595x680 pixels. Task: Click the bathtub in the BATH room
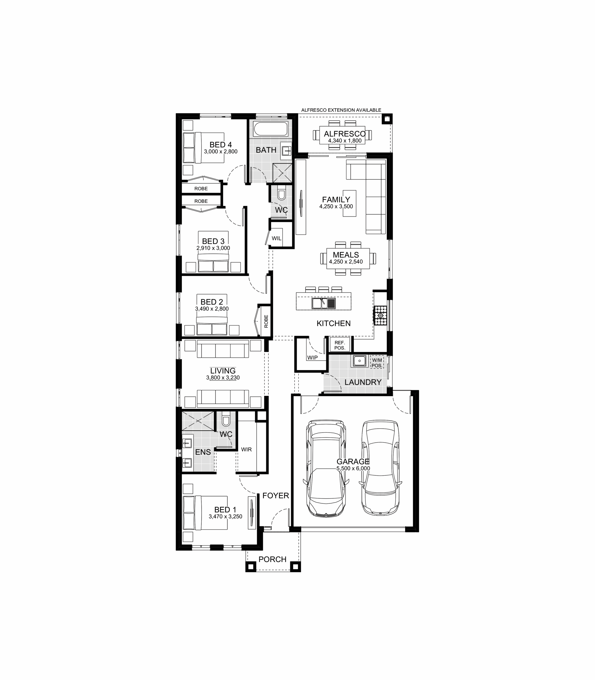(x=271, y=129)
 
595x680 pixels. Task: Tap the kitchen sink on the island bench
(x=324, y=303)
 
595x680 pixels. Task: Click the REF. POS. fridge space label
(x=340, y=345)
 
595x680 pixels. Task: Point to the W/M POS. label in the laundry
(x=377, y=363)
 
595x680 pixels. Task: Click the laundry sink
(x=359, y=361)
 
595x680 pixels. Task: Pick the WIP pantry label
(x=312, y=358)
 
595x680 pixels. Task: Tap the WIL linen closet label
(x=277, y=239)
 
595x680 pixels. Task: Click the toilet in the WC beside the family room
(x=281, y=194)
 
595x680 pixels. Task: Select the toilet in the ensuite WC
(x=226, y=420)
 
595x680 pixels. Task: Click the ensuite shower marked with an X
(x=198, y=421)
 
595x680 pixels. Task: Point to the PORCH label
(x=272, y=559)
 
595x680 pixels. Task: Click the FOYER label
(x=276, y=495)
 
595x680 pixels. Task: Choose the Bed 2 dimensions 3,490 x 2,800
(x=212, y=308)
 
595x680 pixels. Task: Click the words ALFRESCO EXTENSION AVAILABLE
(x=341, y=110)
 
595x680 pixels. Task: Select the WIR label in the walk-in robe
(x=246, y=449)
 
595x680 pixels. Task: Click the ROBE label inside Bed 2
(x=266, y=321)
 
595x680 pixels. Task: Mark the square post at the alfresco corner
(x=387, y=119)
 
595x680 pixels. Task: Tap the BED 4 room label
(x=220, y=144)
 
